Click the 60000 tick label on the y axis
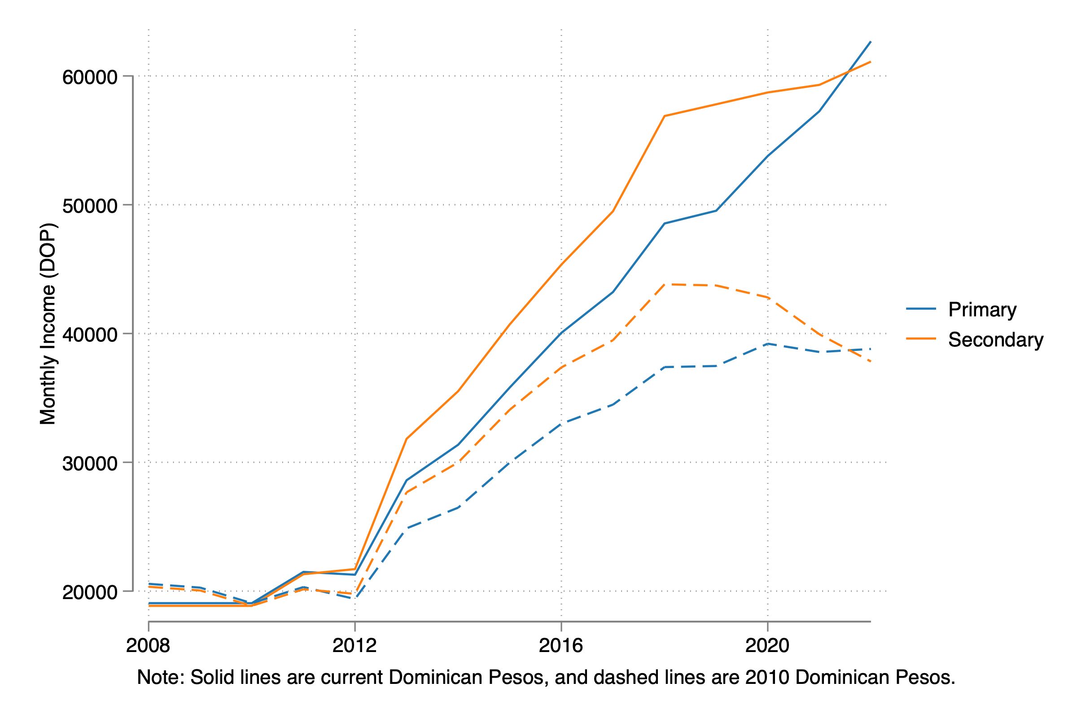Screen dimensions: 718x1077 click(x=90, y=77)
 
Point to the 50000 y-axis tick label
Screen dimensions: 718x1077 click(x=90, y=206)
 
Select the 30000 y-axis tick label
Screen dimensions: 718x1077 click(x=90, y=464)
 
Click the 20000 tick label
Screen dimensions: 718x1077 click(x=90, y=592)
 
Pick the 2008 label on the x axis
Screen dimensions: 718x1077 click(x=148, y=646)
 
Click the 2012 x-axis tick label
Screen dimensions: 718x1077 click(x=355, y=646)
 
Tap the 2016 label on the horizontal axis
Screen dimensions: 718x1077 click(x=561, y=646)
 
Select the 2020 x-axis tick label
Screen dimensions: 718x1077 click(x=767, y=646)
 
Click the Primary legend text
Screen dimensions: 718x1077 click(x=982, y=310)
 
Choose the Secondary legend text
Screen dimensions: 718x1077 click(x=995, y=340)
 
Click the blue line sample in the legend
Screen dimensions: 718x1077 click(x=921, y=309)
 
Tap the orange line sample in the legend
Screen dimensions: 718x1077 click(x=921, y=339)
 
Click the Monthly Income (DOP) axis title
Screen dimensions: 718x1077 click(x=48, y=324)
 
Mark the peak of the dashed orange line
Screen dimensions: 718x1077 click(x=665, y=285)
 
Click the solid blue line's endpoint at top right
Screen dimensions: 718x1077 click(x=871, y=42)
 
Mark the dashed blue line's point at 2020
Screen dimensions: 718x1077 click(x=767, y=344)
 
